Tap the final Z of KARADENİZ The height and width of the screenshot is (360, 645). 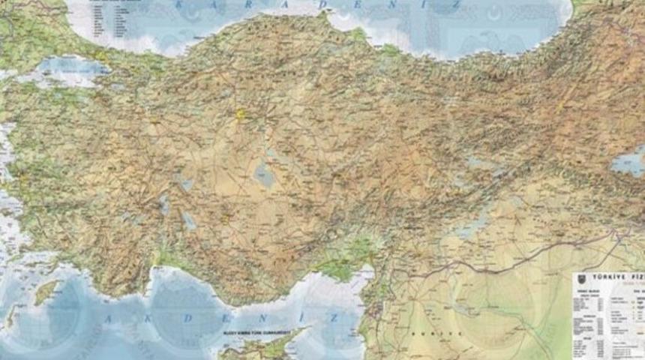tap(457, 7)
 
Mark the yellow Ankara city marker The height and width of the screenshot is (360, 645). tap(241, 114)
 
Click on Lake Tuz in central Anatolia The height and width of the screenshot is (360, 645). tap(264, 175)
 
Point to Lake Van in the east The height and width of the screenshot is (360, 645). tap(627, 161)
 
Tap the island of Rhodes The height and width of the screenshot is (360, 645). tap(46, 291)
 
